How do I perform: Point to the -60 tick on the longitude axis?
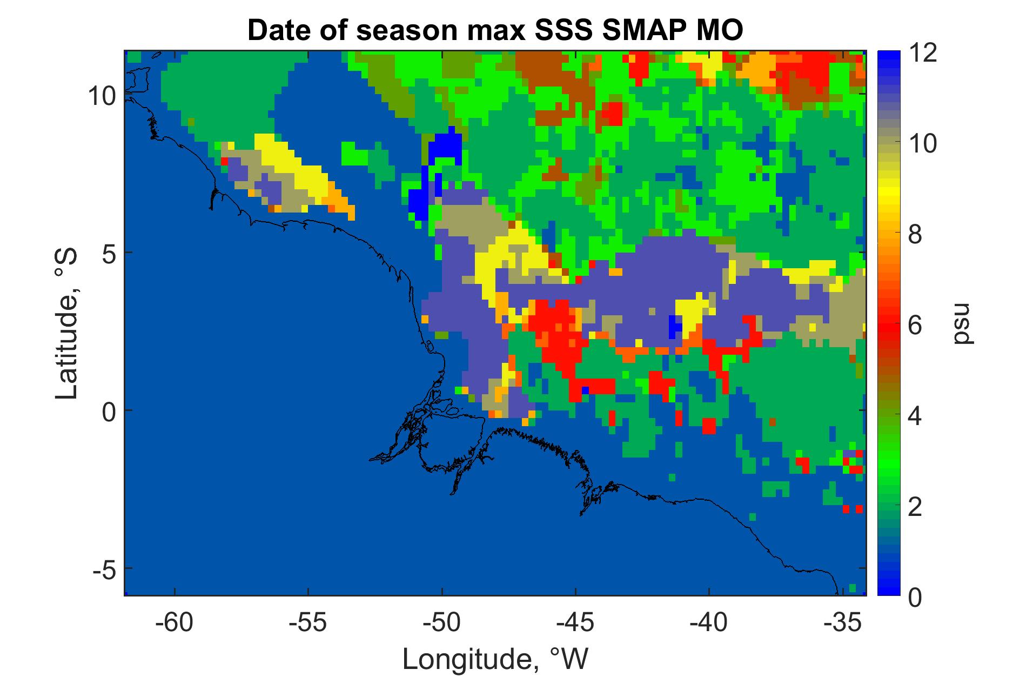click(175, 624)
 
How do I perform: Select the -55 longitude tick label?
click(308, 624)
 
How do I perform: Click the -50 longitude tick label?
click(442, 624)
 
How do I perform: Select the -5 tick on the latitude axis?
click(103, 568)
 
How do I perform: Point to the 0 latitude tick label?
click(108, 410)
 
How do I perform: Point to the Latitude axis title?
click(67, 324)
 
